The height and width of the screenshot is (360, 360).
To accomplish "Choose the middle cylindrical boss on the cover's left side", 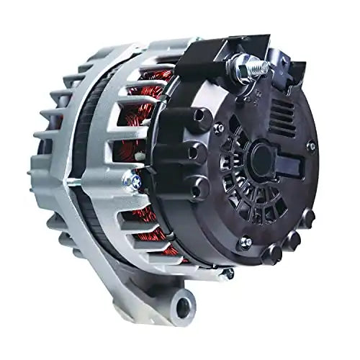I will pos(189,151).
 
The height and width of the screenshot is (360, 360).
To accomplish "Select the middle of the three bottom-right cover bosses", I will pos(292,238).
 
